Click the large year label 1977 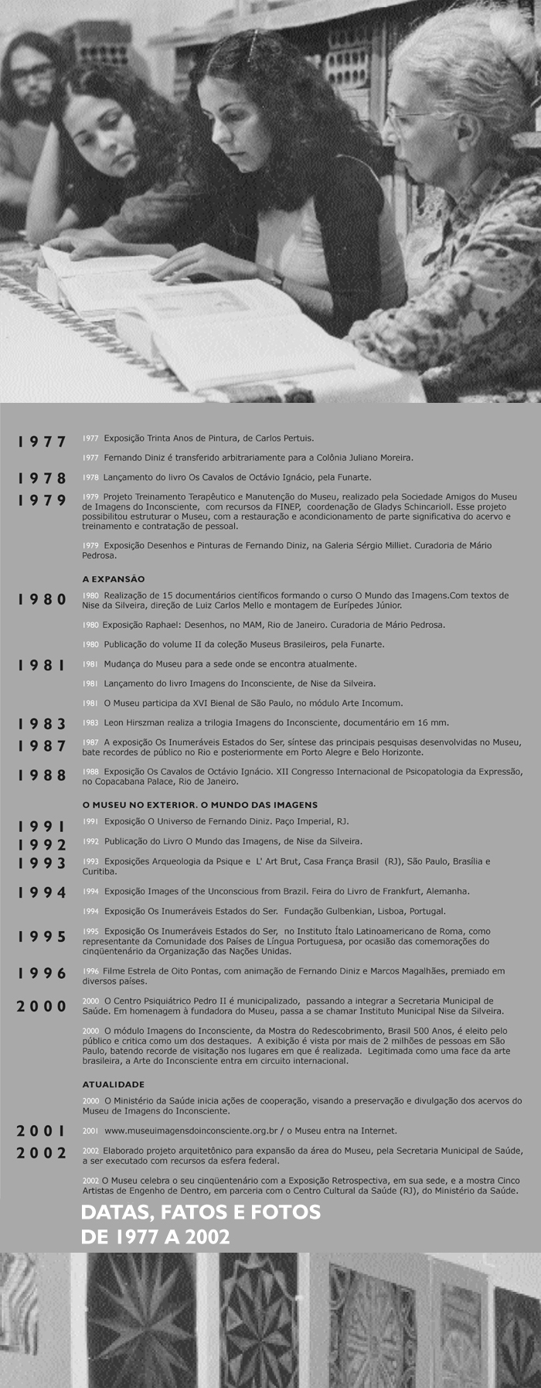click(43, 442)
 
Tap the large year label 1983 click(43, 725)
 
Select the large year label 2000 click(43, 1006)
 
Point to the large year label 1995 click(43, 937)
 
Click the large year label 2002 click(43, 1153)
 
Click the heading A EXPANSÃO click(114, 578)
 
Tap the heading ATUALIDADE click(113, 1084)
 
